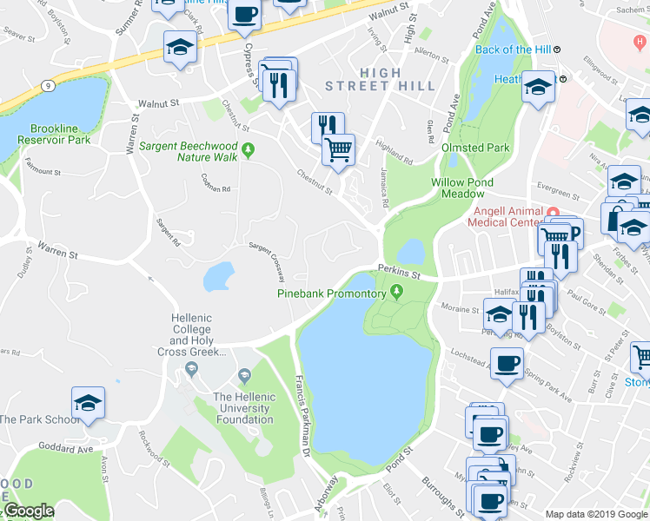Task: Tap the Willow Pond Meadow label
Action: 462,188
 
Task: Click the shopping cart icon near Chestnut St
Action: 338,148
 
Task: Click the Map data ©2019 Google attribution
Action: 595,514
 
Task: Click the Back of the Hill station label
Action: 513,49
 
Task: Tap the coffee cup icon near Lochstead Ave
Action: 507,363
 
